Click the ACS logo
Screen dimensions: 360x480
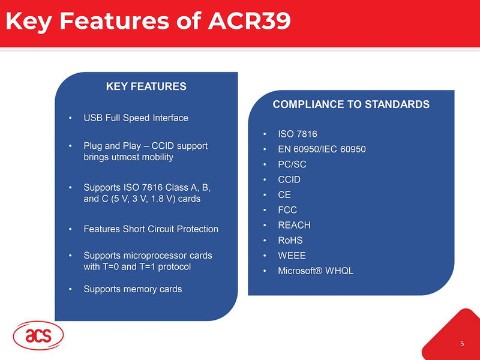point(38,337)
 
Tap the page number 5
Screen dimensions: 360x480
point(462,344)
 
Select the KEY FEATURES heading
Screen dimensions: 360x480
point(146,86)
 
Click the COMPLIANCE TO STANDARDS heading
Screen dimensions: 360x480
point(351,104)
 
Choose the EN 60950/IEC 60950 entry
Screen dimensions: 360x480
point(322,149)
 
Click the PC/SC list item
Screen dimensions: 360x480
point(292,164)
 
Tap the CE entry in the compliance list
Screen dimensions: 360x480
point(284,195)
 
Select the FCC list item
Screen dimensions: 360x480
point(287,210)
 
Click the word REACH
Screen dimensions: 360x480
point(294,226)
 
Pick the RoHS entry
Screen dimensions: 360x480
point(290,241)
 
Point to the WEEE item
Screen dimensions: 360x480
point(292,256)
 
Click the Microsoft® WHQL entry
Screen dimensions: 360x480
point(316,271)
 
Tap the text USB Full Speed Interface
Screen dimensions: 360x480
point(136,118)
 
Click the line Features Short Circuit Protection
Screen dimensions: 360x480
point(151,229)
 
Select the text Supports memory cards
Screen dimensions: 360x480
point(133,289)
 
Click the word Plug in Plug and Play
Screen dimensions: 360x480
point(94,146)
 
